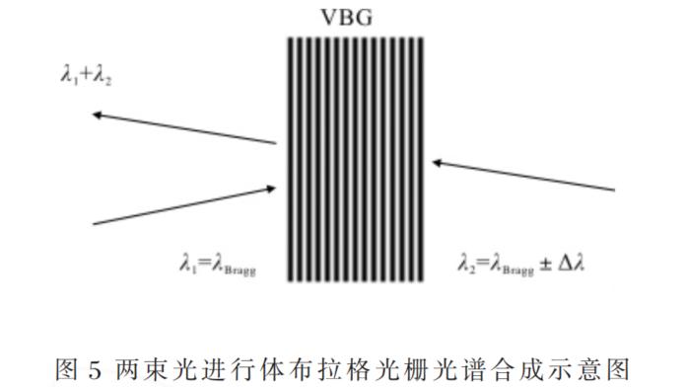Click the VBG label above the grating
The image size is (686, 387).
tap(354, 17)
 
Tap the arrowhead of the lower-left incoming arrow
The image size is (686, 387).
tap(273, 184)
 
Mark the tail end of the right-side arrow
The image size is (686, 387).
tap(615, 187)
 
